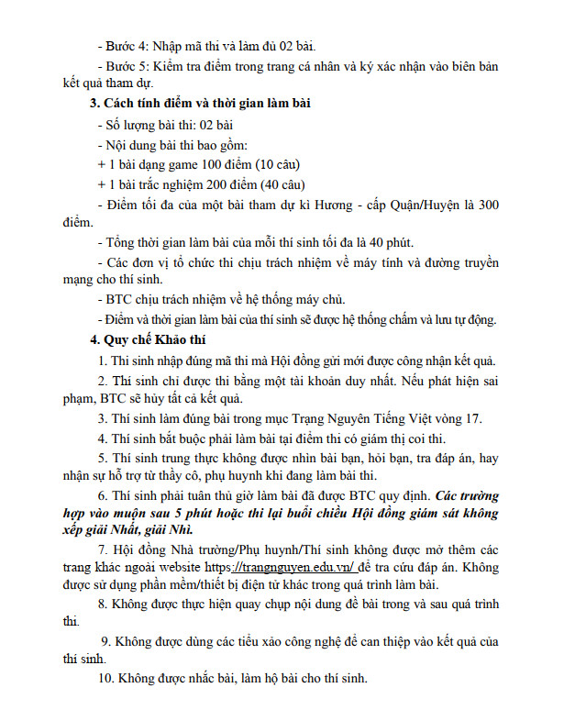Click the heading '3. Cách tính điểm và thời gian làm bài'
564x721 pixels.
(x=194, y=103)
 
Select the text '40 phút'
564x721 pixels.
(x=391, y=242)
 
